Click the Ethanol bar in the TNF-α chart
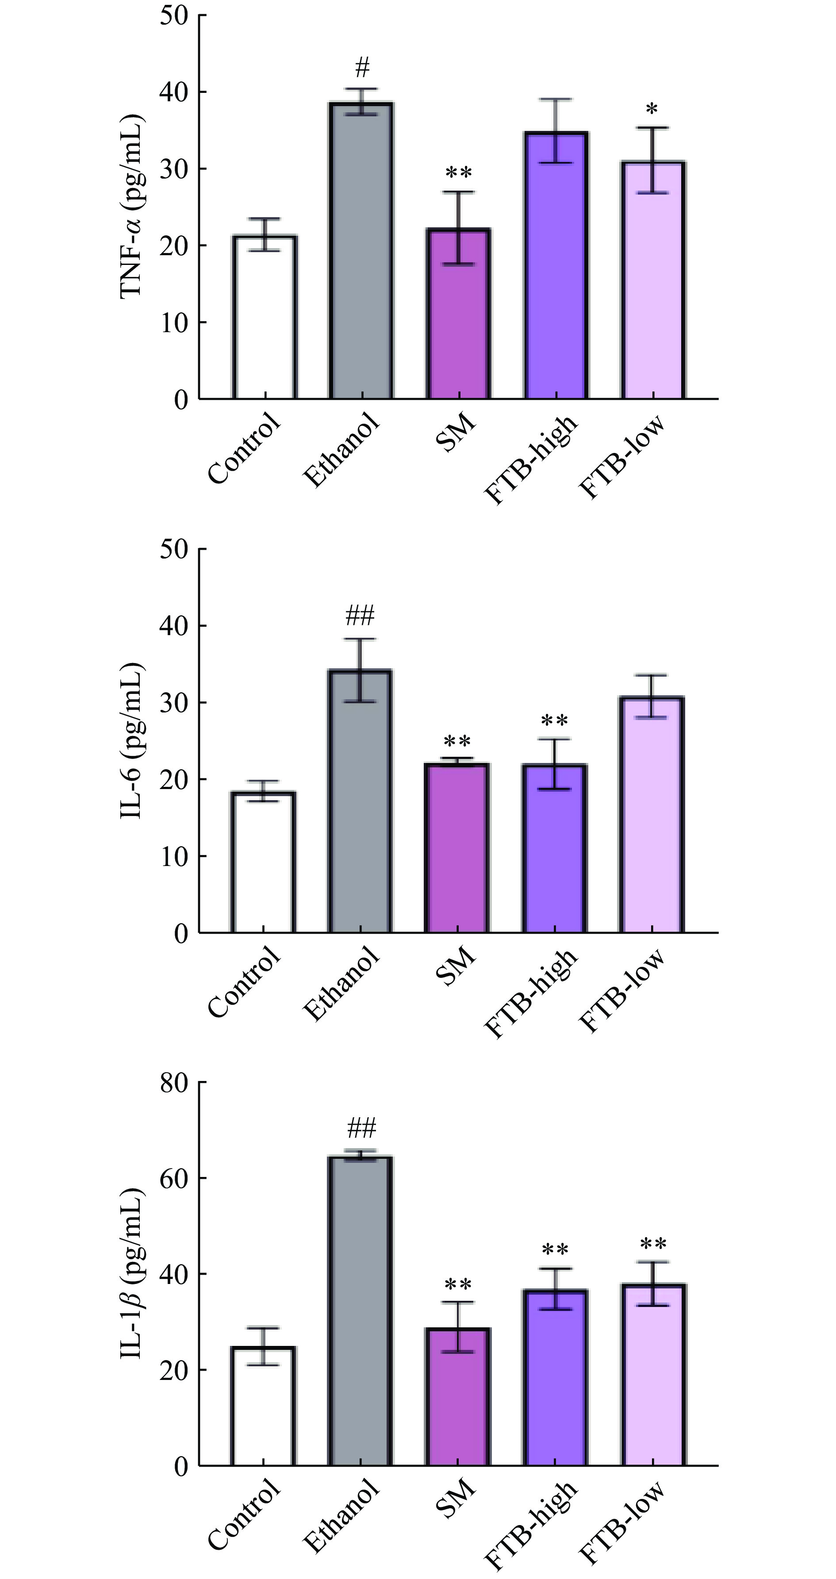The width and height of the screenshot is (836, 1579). pos(361,251)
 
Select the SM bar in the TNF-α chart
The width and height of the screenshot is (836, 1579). pos(458,314)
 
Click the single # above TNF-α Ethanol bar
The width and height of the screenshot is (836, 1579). pos(362,67)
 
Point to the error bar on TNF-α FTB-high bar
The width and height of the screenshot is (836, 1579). pos(555,130)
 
